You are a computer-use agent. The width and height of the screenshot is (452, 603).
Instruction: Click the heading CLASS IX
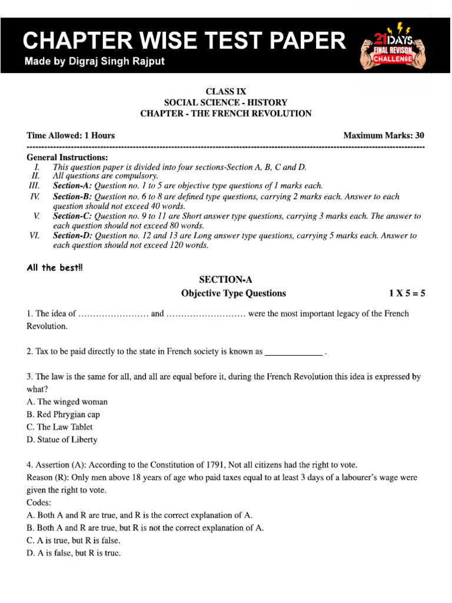point(225,91)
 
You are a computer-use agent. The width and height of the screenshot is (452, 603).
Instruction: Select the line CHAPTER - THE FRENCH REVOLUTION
point(225,113)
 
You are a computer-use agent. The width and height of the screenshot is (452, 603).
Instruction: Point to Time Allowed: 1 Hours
point(71,135)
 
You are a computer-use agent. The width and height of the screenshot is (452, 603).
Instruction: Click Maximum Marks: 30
point(384,135)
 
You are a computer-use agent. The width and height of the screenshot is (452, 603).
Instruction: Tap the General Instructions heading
point(68,158)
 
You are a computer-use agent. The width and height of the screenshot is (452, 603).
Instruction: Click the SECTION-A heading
point(225,280)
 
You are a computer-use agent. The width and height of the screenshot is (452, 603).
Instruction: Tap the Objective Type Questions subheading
point(234,293)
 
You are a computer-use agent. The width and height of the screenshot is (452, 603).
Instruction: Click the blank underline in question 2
point(294,352)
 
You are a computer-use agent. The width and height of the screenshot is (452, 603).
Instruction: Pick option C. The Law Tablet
point(59,427)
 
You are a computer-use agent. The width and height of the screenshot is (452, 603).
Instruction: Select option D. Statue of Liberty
point(62,439)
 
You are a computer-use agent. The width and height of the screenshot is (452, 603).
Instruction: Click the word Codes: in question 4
point(39,503)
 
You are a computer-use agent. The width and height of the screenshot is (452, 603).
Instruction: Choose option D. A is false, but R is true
point(74,553)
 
